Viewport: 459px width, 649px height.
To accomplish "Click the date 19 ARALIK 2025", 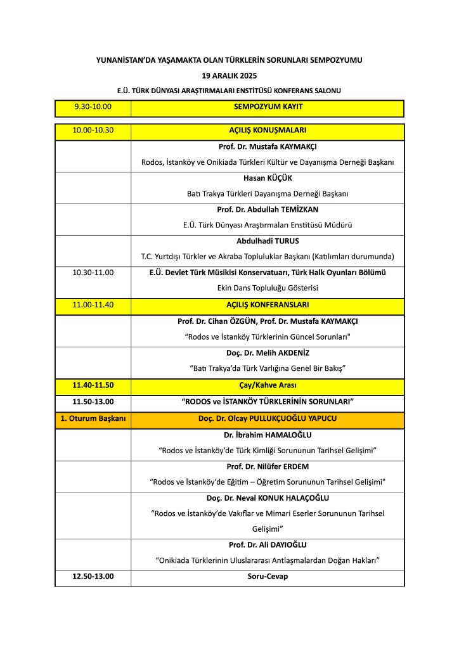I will pyautogui.click(x=229, y=75).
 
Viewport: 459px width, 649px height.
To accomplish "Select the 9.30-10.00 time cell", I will pyautogui.click(x=93, y=108).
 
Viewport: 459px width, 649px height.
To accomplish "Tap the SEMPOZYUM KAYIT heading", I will pyautogui.click(x=267, y=108).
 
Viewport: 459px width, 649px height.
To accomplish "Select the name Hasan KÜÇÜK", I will pyautogui.click(x=267, y=178).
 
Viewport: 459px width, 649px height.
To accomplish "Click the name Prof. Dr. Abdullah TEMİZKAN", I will pyautogui.click(x=267, y=209).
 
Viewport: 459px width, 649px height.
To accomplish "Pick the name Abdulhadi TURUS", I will pyautogui.click(x=267, y=241).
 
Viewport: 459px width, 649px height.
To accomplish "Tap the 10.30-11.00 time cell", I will pyautogui.click(x=93, y=273).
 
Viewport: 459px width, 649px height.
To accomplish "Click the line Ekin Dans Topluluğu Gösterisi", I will pyautogui.click(x=267, y=288).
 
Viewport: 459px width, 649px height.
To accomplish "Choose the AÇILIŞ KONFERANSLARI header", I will pyautogui.click(x=267, y=305).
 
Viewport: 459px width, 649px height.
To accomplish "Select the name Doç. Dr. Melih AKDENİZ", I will pyautogui.click(x=267, y=352).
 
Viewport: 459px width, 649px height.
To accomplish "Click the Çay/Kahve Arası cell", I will pyautogui.click(x=267, y=385).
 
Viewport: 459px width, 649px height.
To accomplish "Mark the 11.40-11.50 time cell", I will pyautogui.click(x=93, y=385).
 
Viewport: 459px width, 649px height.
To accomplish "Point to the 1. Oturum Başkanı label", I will pyautogui.click(x=93, y=419).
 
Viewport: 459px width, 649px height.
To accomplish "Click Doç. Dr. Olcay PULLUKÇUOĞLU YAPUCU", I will pyautogui.click(x=267, y=419).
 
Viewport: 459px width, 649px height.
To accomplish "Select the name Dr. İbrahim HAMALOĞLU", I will pyautogui.click(x=267, y=435).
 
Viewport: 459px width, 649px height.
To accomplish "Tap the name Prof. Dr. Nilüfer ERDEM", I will pyautogui.click(x=267, y=466).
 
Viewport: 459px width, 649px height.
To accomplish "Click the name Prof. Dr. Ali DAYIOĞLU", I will pyautogui.click(x=267, y=544).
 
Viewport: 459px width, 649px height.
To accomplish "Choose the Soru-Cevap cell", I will pyautogui.click(x=267, y=577).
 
